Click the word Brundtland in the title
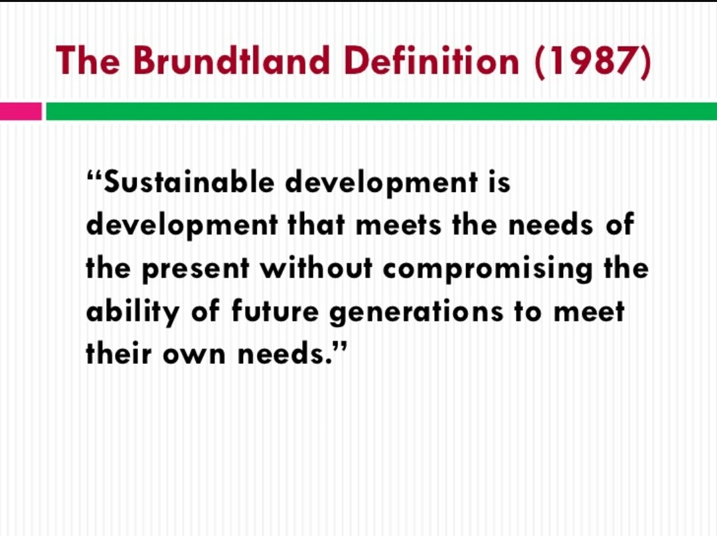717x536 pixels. pyautogui.click(x=230, y=61)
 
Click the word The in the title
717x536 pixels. pyautogui.click(x=88, y=61)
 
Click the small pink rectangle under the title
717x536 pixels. pyautogui.click(x=21, y=111)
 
